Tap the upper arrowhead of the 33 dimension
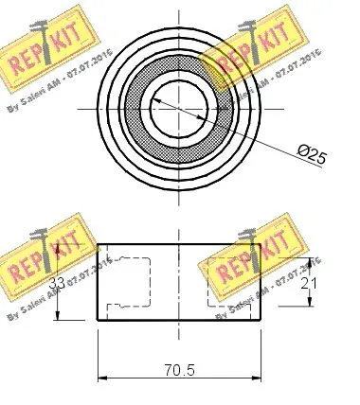coord(61,249)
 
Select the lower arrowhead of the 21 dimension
coord(309,304)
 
